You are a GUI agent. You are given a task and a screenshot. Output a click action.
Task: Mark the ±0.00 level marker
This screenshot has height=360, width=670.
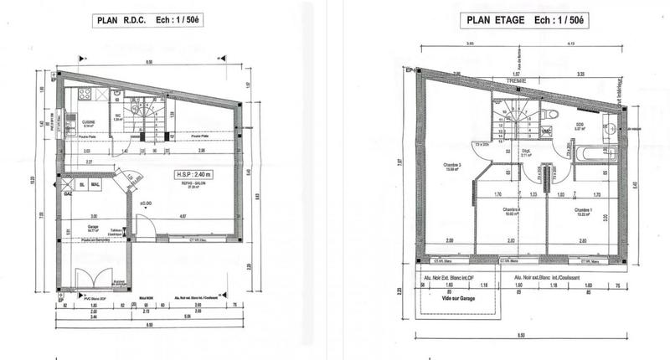(x=145, y=203)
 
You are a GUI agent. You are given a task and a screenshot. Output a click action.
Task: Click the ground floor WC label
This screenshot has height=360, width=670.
(x=119, y=118)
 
